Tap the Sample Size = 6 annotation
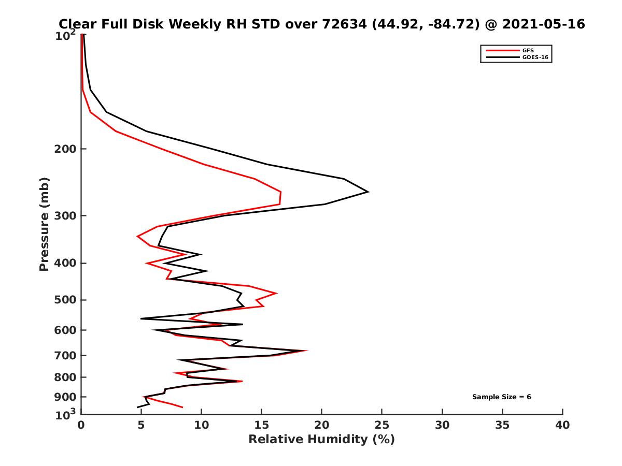[501, 397]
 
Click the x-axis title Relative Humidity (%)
[321, 440]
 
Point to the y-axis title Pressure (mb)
[44, 224]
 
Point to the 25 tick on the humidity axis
[382, 425]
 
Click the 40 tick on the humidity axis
[562, 425]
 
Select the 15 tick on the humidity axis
[262, 425]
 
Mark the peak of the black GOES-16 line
[367, 192]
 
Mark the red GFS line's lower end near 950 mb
[182, 407]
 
